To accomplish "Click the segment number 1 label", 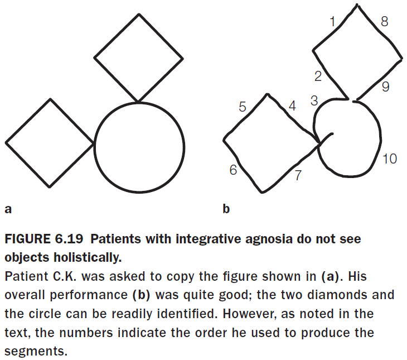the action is click(333, 22).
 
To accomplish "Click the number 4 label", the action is click(292, 106).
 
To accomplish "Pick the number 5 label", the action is click(243, 107).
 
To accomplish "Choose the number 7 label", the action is click(298, 175).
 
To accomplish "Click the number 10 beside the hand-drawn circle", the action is click(390, 159).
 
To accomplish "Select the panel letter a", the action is click(8, 209).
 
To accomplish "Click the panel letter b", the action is click(226, 209).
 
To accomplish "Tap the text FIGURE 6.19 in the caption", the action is click(43, 240).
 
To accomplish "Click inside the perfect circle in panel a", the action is click(139, 147).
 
